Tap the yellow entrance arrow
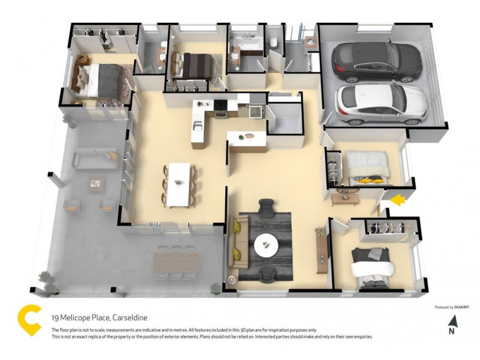tap(397, 199)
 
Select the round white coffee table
tap(266, 244)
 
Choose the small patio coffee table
tap(94, 183)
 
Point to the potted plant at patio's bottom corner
tap(45, 281)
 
